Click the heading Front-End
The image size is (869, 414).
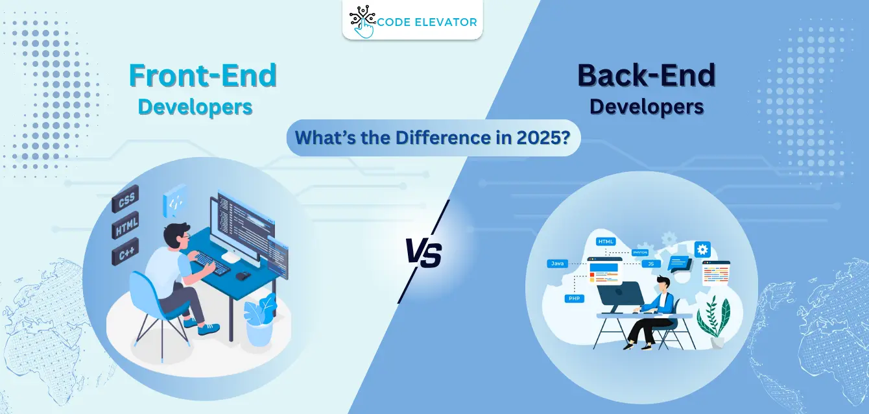click(203, 76)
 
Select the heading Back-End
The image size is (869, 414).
click(646, 76)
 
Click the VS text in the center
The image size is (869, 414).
click(423, 254)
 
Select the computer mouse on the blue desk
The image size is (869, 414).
click(243, 275)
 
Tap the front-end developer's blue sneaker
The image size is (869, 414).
click(209, 329)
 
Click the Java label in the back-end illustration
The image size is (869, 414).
click(557, 263)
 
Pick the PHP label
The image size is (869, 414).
click(573, 298)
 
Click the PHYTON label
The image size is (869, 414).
click(640, 252)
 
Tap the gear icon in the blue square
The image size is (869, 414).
click(702, 249)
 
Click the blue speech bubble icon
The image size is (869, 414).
click(680, 263)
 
